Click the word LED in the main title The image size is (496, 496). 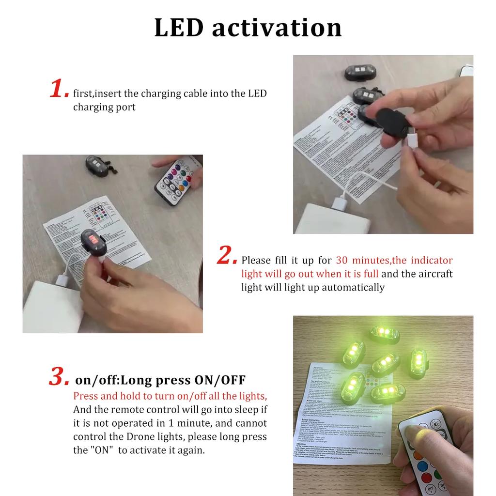179,28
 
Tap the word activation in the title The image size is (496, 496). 277,28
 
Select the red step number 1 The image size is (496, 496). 59,90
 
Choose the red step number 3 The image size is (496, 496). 59,377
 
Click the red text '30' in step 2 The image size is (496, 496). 342,260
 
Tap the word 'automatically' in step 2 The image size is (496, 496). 353,287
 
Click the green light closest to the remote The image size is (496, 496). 388,394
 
